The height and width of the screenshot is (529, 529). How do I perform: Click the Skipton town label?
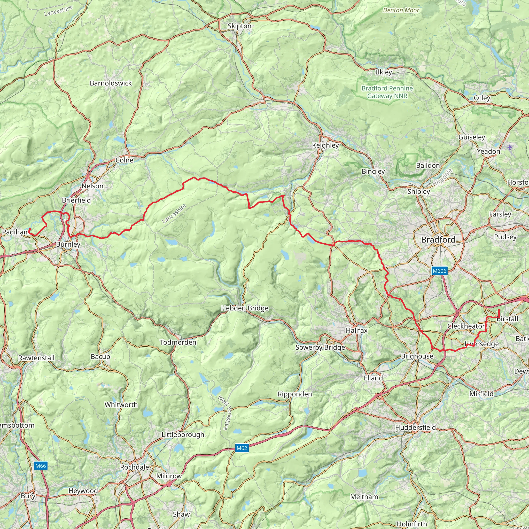tap(239, 26)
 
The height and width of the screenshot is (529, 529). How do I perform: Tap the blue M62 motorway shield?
tap(242, 448)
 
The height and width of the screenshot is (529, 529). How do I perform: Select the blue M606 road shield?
tap(439, 271)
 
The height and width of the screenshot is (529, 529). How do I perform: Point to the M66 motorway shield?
tap(41, 466)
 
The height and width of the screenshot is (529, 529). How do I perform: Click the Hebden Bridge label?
tap(245, 308)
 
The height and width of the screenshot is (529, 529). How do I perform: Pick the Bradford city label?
tap(438, 240)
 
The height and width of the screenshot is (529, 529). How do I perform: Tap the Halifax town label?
tap(356, 330)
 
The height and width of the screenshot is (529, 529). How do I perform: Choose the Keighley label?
tap(325, 145)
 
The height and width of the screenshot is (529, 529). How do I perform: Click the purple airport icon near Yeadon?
tap(510, 147)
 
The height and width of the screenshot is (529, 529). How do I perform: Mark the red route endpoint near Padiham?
tap(30, 229)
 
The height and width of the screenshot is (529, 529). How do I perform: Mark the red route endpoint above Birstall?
tap(499, 310)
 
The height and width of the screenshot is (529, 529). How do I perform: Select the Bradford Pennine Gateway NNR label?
tap(387, 92)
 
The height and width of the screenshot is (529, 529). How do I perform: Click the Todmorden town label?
tap(178, 342)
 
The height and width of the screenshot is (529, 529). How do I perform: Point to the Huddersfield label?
tap(415, 427)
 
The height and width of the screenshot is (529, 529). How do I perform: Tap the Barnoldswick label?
tap(111, 83)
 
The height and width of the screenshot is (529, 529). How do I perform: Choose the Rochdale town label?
tap(134, 467)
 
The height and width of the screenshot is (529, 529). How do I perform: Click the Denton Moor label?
tap(401, 10)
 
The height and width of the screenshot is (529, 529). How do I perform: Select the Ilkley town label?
tap(384, 72)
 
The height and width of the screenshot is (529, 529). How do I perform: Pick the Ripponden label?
tap(295, 394)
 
